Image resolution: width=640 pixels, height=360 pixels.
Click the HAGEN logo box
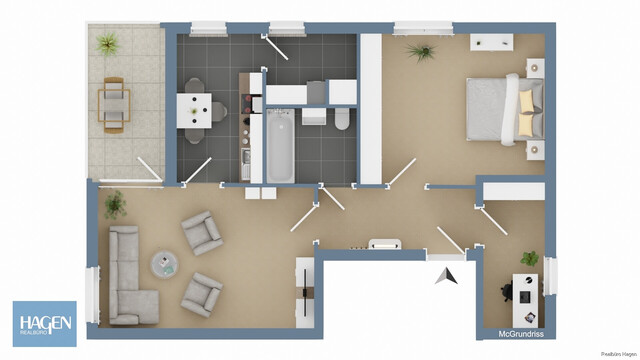pyautogui.click(x=44, y=323)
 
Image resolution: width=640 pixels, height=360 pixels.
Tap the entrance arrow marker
pyautogui.click(x=446, y=274)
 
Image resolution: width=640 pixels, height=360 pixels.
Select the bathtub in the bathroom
pyautogui.click(x=279, y=146)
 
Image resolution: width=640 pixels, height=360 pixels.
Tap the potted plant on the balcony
pyautogui.click(x=106, y=44)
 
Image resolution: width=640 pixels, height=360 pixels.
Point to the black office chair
pyautogui.click(x=506, y=292)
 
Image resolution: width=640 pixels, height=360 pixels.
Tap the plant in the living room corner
pyautogui.click(x=115, y=205)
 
